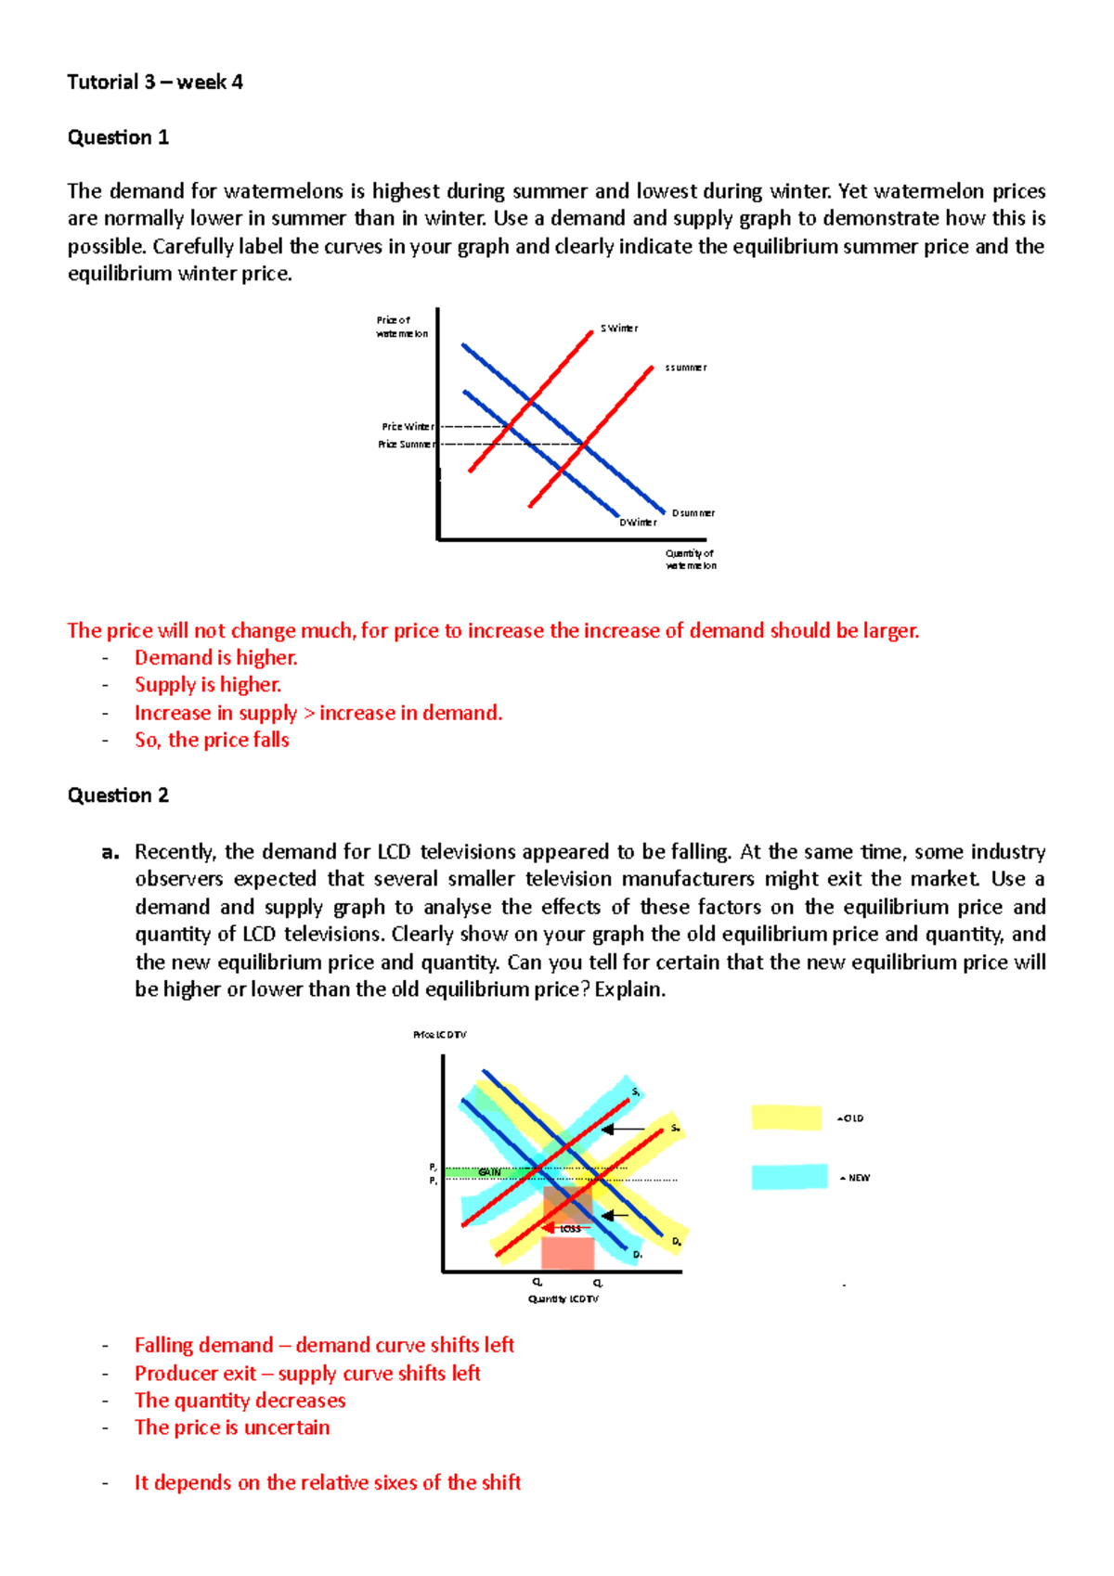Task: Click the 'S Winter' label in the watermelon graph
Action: point(618,329)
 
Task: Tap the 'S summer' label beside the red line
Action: point(685,368)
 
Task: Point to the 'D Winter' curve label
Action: point(638,523)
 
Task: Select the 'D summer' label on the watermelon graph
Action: point(693,512)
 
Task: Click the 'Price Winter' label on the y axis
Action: point(408,427)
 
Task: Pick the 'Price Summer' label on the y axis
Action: point(406,445)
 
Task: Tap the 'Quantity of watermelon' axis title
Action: point(691,559)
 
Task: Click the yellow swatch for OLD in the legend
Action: point(786,1117)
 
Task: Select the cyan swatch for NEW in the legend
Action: point(789,1177)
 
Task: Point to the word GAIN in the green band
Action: point(489,1173)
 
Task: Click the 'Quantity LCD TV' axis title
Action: point(563,1298)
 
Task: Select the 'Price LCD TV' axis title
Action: point(440,1035)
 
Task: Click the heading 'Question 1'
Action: point(118,137)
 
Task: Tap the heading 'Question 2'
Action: point(118,795)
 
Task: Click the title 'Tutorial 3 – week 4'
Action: point(155,82)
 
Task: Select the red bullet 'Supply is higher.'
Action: point(208,685)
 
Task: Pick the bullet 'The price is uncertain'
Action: point(232,1427)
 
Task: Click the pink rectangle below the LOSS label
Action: point(567,1253)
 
